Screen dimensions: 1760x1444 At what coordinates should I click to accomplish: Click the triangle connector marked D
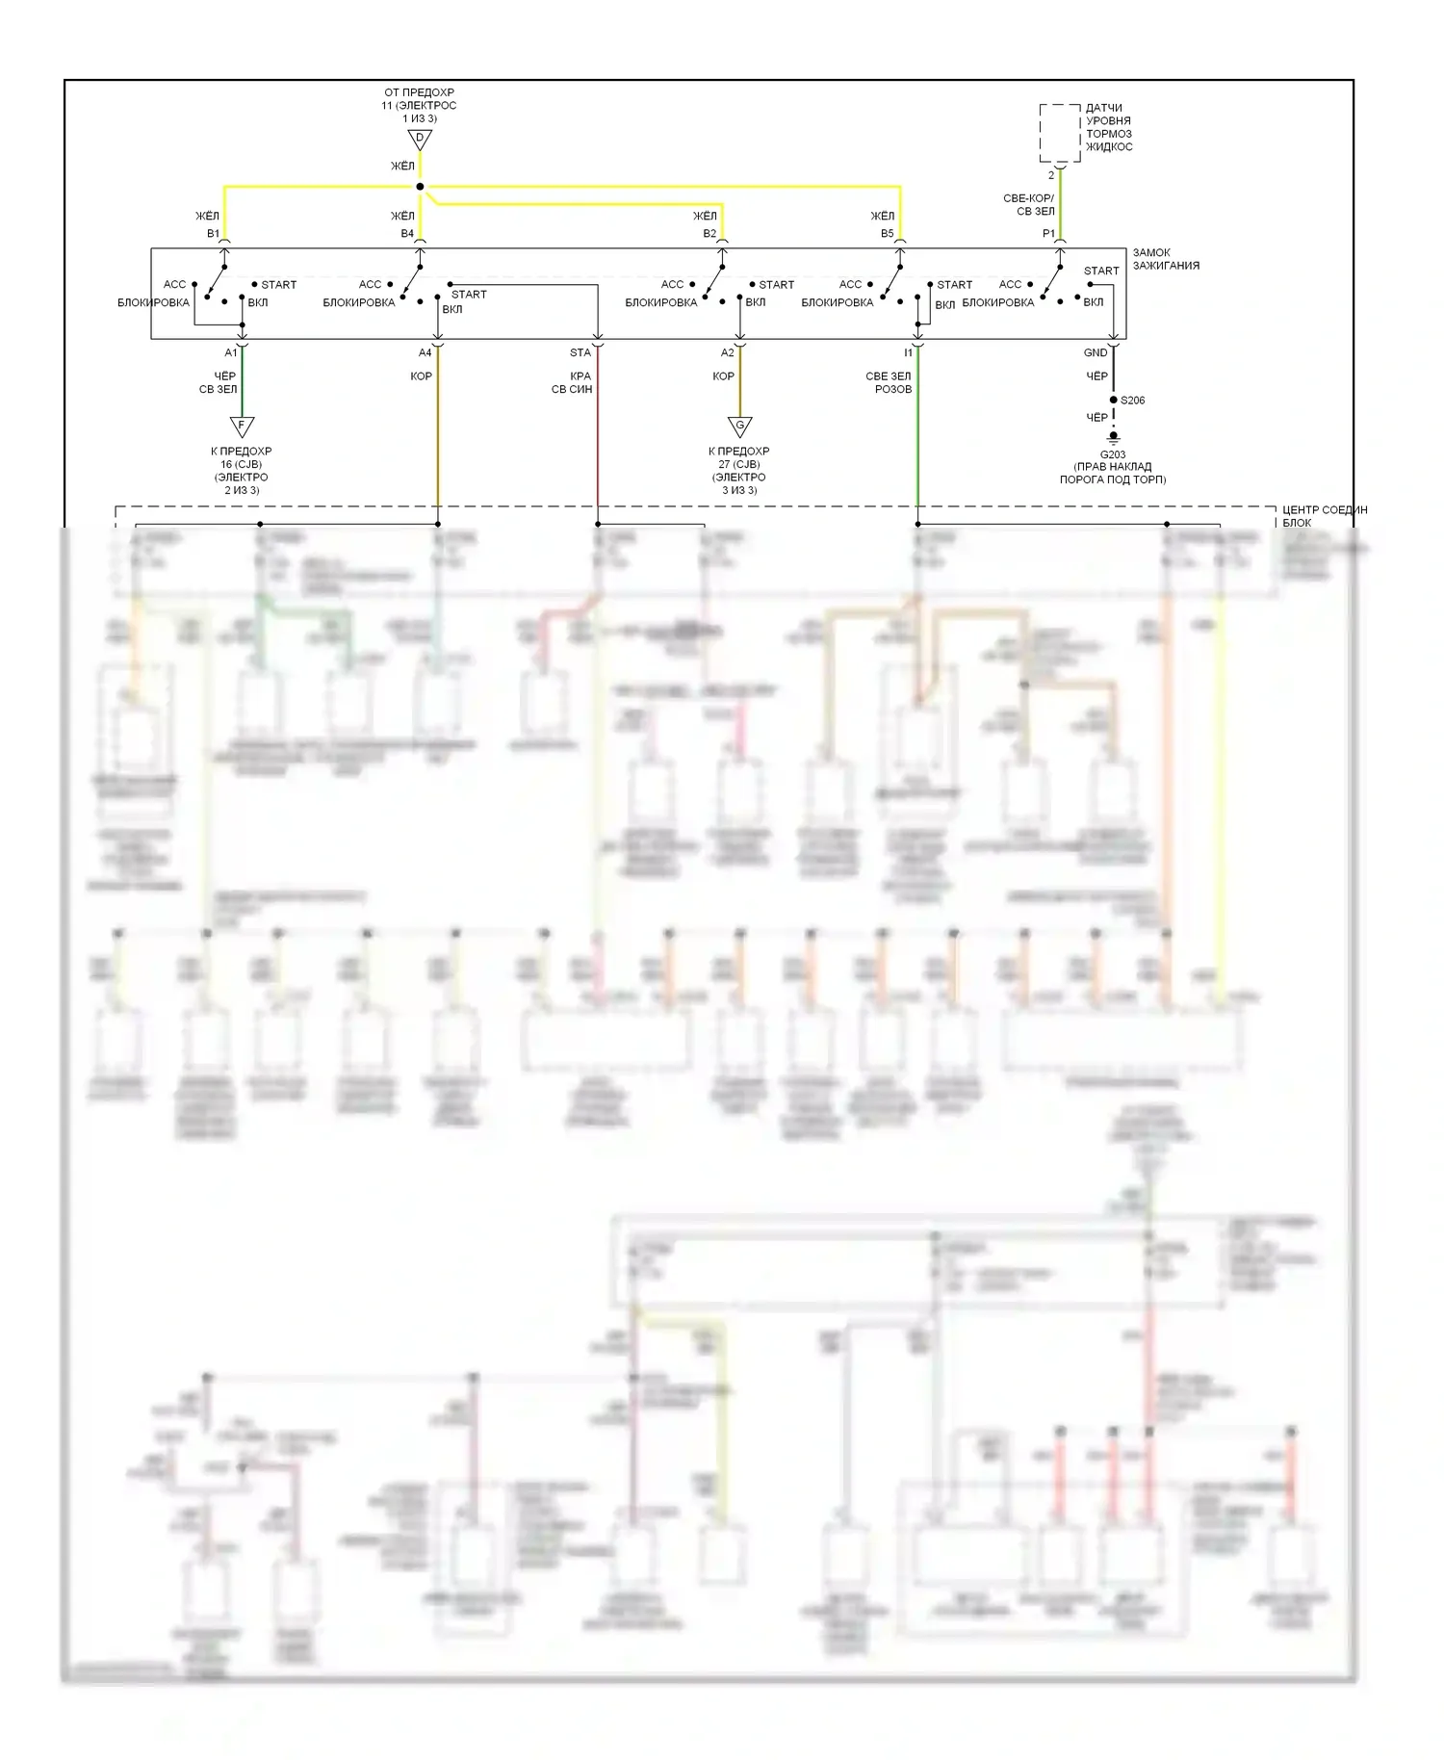point(420,140)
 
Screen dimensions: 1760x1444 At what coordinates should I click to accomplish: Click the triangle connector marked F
point(242,426)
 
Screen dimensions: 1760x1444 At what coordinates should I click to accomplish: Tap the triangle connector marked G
point(739,426)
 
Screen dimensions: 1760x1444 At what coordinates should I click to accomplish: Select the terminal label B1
point(213,234)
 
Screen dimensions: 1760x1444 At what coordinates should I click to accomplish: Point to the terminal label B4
point(407,234)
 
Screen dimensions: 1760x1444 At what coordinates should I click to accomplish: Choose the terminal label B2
point(709,234)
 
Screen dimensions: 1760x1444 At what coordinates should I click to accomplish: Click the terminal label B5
point(887,234)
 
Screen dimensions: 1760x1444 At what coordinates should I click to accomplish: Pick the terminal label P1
point(1048,234)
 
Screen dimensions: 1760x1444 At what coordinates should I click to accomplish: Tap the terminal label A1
point(231,353)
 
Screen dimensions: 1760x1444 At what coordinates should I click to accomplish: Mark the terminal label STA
point(580,353)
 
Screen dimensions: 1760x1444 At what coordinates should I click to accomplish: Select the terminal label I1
point(908,353)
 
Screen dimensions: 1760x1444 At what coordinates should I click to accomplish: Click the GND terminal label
point(1096,353)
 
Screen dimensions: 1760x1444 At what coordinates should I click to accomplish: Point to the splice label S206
point(1133,401)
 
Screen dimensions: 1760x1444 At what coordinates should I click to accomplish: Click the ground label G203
point(1113,454)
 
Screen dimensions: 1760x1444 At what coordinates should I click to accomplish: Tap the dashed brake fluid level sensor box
point(1059,133)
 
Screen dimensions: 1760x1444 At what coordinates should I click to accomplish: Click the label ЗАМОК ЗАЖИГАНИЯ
point(1165,259)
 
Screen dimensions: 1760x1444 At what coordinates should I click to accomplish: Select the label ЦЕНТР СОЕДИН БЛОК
point(1324,516)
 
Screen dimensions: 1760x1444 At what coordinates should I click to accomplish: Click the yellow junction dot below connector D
point(420,187)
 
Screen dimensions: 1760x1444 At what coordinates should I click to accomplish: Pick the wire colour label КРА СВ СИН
point(573,383)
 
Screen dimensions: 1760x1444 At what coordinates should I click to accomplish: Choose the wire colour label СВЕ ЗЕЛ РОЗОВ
point(889,383)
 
